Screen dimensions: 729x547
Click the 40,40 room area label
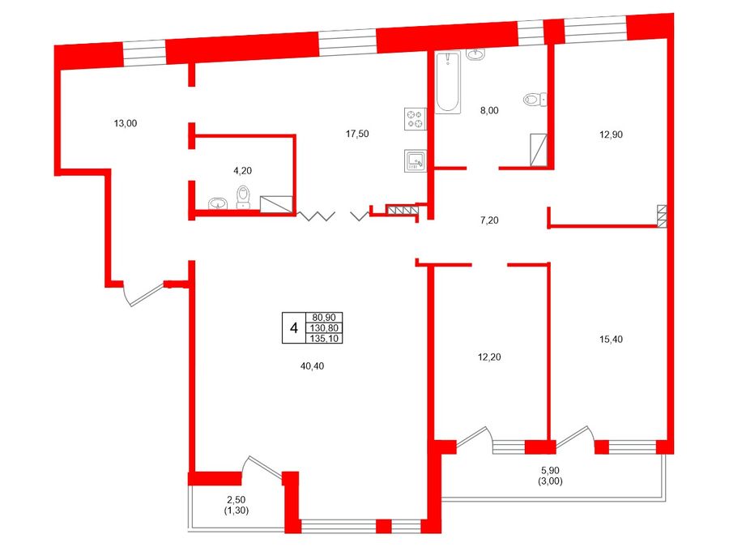click(x=312, y=366)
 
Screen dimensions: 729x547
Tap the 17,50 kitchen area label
click(x=357, y=134)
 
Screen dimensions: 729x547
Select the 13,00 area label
click(x=126, y=123)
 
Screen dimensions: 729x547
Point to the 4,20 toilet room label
click(x=242, y=171)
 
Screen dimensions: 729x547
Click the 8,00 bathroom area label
click(x=489, y=110)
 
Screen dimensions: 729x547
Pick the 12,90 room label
click(x=611, y=135)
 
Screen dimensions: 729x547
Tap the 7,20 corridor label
click(x=489, y=220)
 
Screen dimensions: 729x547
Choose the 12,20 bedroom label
click(x=489, y=357)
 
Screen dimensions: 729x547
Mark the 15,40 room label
click(x=611, y=339)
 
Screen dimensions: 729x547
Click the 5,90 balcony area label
click(x=550, y=471)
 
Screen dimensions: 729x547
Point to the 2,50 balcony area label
click(x=237, y=500)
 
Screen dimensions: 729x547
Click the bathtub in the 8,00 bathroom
click(x=448, y=82)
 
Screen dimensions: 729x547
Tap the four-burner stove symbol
click(x=416, y=118)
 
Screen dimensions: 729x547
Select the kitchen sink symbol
click(x=416, y=161)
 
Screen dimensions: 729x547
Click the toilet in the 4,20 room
click(x=243, y=197)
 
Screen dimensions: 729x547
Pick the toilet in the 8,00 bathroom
click(x=535, y=99)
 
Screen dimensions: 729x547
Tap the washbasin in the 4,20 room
click(x=218, y=203)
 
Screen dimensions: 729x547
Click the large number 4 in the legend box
click(x=294, y=328)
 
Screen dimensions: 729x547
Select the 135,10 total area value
click(x=324, y=339)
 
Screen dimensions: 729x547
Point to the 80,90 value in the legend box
click(x=324, y=317)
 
